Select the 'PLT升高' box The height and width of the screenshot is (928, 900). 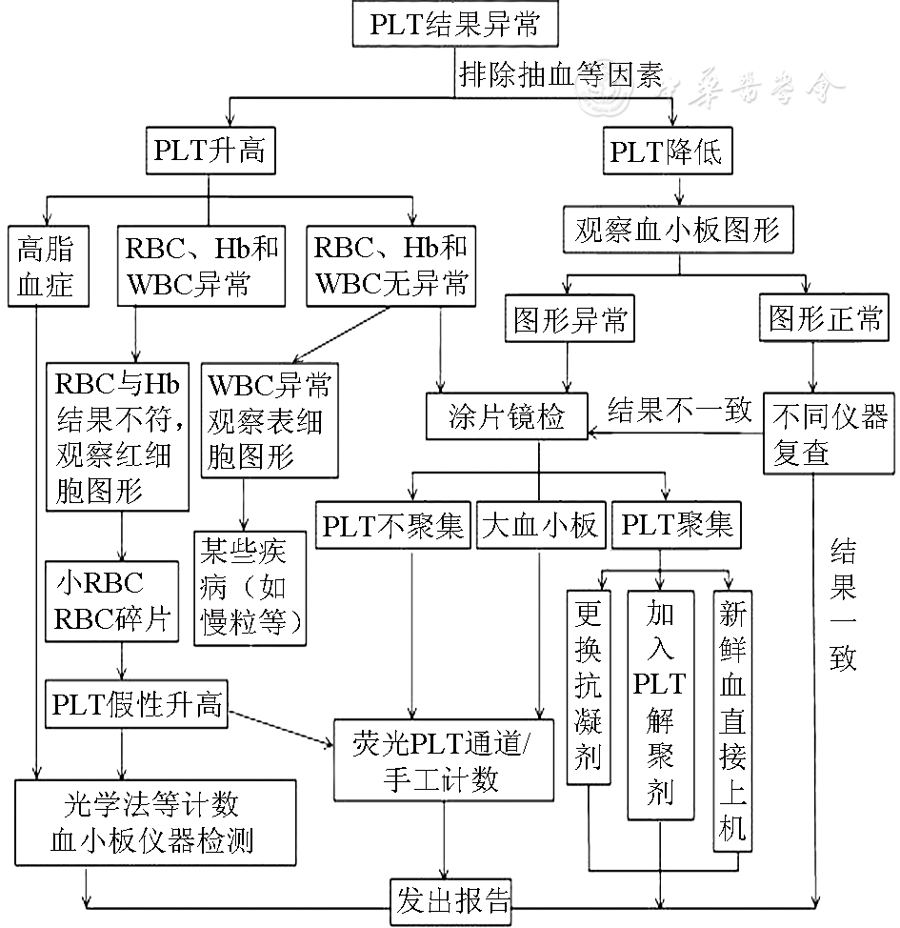pos(210,150)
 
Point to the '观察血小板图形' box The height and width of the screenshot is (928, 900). pos(677,230)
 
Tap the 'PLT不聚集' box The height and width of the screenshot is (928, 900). pos(392,525)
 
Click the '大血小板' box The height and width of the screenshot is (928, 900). pos(541,525)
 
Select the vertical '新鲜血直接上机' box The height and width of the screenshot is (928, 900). pos(730,719)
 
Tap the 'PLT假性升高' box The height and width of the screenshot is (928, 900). pos(138,705)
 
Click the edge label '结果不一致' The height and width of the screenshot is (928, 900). pos(679,412)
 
